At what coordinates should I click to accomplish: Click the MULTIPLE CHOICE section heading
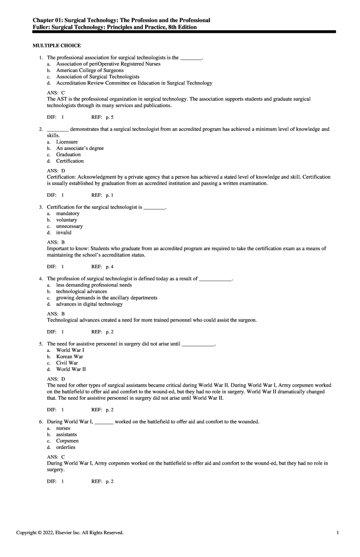pyautogui.click(x=57, y=45)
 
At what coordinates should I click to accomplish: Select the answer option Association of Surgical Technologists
pyautogui.click(x=97, y=77)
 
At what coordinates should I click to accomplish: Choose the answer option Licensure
pyautogui.click(x=67, y=142)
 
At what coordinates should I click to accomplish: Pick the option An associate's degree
pyautogui.click(x=80, y=148)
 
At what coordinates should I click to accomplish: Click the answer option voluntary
pyautogui.click(x=67, y=220)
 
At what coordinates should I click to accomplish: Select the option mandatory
pyautogui.click(x=68, y=214)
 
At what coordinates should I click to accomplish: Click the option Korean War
pyautogui.click(x=70, y=356)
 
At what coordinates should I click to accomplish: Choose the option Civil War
pyautogui.click(x=67, y=363)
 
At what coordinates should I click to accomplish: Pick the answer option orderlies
pyautogui.click(x=65, y=447)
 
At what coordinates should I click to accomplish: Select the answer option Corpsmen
pyautogui.click(x=67, y=441)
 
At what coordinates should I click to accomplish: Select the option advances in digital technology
pyautogui.click(x=89, y=304)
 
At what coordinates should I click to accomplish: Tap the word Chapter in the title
pyautogui.click(x=44, y=20)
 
